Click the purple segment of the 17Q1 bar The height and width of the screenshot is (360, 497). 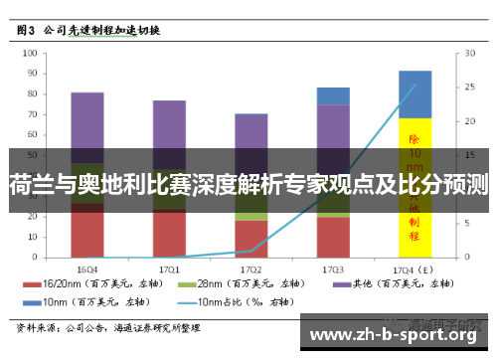tap(169, 125)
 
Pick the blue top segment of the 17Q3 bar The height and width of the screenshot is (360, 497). tap(333, 95)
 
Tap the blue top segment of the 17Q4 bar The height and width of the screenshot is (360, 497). tap(414, 93)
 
